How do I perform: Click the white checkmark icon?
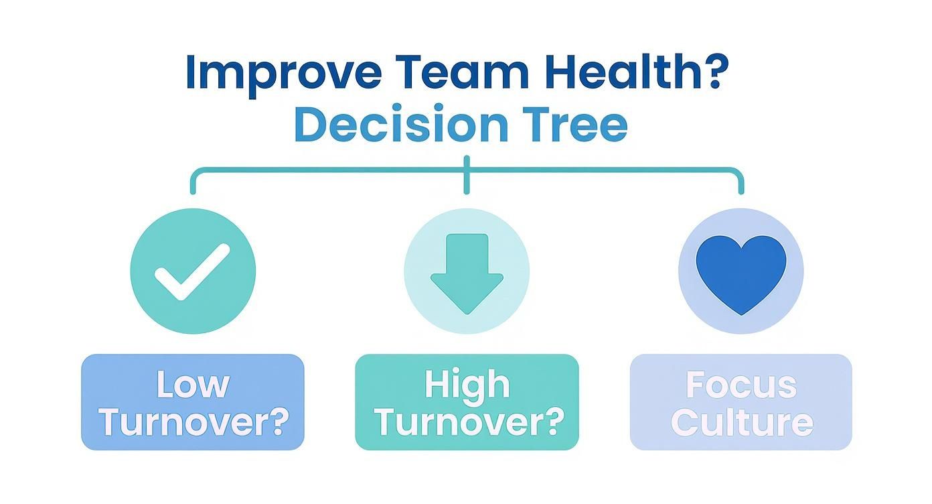(192, 271)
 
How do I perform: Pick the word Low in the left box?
(193, 384)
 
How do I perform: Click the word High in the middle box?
(467, 384)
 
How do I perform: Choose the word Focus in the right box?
(741, 385)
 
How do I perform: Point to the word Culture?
(741, 422)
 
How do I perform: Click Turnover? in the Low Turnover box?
(193, 422)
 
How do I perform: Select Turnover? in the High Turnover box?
(467, 422)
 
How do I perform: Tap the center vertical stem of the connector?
(467, 176)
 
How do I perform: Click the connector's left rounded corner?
(196, 174)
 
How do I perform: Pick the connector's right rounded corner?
(738, 174)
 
